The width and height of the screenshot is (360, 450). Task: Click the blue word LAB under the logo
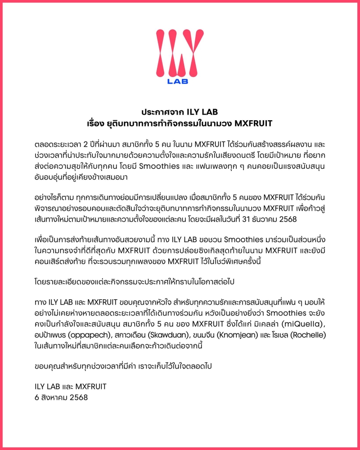(177, 81)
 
